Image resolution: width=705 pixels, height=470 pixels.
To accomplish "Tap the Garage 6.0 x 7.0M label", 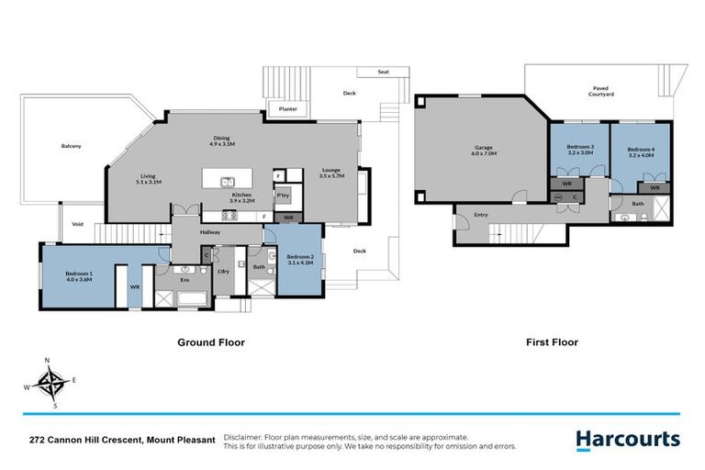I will pos(485,151).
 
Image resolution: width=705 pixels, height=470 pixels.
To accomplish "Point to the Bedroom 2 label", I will pos(300,260).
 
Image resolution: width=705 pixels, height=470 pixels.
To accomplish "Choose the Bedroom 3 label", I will pos(580,151).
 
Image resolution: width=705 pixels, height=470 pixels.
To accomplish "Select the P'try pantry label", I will pos(284,196).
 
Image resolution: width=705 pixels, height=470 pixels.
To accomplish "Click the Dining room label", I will pos(222,141).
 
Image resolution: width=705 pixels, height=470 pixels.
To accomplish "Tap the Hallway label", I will pos(210,232).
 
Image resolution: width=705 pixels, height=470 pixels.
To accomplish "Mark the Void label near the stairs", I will pos(78,224).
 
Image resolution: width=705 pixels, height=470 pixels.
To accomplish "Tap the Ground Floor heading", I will pos(210,342).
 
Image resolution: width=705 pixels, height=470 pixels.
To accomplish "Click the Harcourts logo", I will pos(628,440).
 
